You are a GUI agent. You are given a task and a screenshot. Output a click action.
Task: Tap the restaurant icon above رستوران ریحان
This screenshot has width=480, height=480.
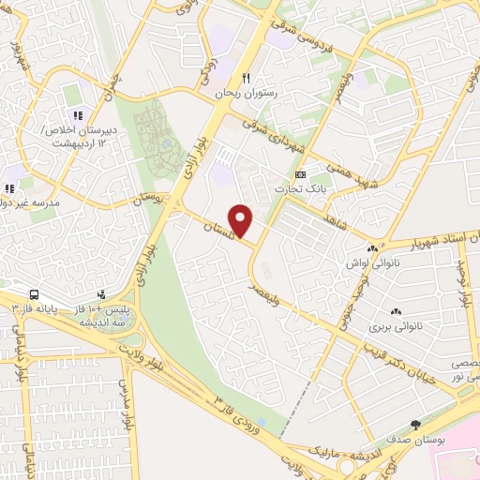[x=246, y=78]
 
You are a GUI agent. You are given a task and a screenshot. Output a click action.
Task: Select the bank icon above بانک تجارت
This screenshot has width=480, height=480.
[x=300, y=175]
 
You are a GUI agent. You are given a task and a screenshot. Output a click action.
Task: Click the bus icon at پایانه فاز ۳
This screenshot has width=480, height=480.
[x=35, y=294]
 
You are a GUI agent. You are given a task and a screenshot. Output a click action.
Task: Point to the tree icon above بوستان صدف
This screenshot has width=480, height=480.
[x=416, y=425]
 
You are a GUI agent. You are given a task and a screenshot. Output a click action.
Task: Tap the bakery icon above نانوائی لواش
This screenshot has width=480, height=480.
[x=373, y=248]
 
